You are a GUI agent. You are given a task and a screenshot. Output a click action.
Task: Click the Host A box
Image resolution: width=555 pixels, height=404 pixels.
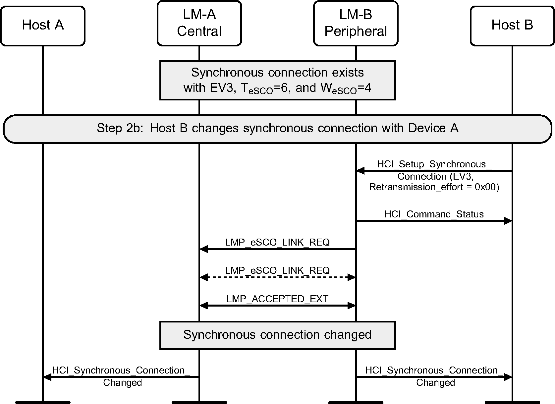coord(43,26)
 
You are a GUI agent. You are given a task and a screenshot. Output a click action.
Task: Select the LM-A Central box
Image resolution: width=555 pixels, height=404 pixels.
coord(199,23)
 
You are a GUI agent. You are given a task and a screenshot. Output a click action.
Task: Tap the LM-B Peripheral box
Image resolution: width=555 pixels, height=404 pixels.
coord(356,23)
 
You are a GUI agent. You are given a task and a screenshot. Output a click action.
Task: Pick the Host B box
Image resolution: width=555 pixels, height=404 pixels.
coord(512,26)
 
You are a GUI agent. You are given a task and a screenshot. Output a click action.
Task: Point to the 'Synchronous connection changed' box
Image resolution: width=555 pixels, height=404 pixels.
coord(277,335)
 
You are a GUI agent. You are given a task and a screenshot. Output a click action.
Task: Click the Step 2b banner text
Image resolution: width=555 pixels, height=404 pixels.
coord(277,128)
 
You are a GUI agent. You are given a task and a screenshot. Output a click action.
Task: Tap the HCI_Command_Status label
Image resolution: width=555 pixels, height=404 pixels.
coord(434,214)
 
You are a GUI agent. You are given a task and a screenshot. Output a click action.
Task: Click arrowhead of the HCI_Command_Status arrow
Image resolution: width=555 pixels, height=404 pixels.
coord(508,221)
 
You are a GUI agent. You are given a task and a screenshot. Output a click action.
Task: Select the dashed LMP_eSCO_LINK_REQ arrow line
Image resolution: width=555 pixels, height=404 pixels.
coord(277,277)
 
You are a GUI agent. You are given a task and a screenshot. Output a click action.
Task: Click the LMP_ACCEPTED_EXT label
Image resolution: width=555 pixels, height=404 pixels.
coord(277,299)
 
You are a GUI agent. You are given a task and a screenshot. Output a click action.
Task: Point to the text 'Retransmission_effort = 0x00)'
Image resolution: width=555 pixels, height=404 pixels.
coord(434,187)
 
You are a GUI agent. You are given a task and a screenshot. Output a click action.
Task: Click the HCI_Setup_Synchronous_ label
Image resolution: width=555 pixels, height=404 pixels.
coord(434,164)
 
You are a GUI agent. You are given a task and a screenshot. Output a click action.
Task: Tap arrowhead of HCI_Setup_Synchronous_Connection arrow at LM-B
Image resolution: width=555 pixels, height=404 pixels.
coord(360,171)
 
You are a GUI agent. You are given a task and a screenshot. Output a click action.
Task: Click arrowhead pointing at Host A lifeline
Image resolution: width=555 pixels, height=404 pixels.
coord(47,377)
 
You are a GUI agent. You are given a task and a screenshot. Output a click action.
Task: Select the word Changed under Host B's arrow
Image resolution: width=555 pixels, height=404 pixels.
coord(435,383)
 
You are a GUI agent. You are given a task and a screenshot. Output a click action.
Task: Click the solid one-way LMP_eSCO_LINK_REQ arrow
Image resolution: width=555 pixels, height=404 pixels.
coord(277,249)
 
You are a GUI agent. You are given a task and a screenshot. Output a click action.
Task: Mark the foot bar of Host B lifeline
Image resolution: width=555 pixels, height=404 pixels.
coord(512,402)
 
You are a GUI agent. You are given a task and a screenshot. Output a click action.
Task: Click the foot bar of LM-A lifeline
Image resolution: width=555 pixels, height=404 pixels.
coord(199,402)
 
